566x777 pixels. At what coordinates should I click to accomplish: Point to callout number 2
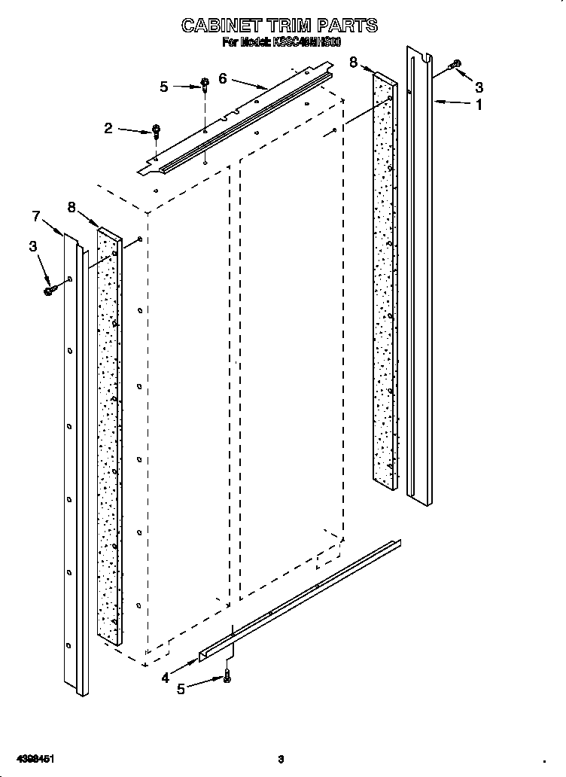[x=108, y=129]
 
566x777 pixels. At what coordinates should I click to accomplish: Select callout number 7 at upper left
[x=35, y=217]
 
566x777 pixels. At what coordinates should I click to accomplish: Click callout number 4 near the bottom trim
[x=165, y=678]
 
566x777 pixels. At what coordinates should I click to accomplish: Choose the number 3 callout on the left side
[x=32, y=245]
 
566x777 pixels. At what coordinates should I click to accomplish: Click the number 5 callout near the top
[x=164, y=87]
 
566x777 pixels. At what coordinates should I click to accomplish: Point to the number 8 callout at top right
[x=354, y=62]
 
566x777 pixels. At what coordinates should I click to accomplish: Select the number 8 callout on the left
[x=72, y=206]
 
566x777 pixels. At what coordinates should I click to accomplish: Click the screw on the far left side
[x=50, y=289]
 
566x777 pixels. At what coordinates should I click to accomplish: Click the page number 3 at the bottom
[x=280, y=758]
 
